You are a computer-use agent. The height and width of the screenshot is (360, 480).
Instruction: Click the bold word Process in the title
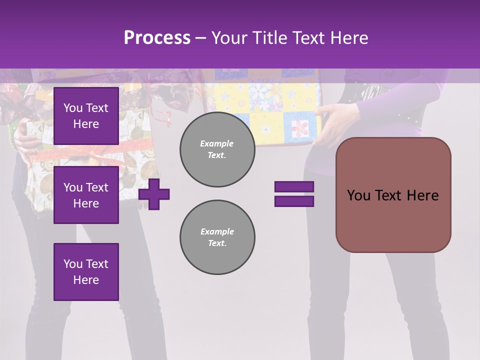157,38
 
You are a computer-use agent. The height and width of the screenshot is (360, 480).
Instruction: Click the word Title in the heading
271,38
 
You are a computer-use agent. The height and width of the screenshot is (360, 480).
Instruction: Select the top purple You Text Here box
86,116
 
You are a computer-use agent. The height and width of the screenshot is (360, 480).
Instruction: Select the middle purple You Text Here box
86,195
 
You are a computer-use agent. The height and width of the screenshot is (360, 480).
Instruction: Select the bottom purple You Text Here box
86,272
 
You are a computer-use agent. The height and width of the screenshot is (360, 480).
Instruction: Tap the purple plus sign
154,194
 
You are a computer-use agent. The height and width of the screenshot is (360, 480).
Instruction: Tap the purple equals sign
294,194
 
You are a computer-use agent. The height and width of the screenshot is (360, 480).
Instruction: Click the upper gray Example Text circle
217,149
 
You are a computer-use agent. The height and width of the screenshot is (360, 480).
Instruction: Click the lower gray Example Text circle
217,237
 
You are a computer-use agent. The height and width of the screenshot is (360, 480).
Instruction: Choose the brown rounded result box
393,195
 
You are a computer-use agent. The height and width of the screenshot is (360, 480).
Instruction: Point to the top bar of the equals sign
294,187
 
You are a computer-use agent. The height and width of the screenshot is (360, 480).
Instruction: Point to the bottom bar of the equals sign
294,201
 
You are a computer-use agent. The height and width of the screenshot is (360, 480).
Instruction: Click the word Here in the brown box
422,195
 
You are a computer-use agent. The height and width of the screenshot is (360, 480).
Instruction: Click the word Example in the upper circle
217,143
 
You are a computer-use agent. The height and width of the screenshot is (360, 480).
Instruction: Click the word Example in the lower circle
217,231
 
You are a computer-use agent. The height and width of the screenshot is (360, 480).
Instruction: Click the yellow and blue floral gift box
265,105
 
